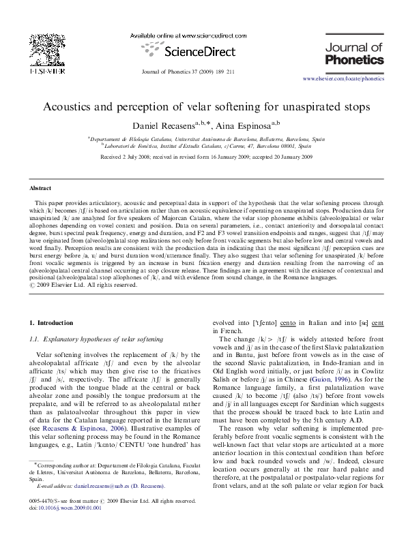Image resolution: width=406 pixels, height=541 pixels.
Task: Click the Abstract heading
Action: pyautogui.click(x=40, y=187)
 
